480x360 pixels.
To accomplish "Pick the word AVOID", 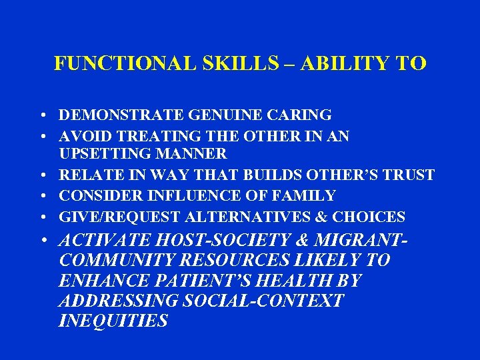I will [83, 136].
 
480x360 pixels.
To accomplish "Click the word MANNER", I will [195, 154].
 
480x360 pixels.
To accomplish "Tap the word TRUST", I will [409, 175].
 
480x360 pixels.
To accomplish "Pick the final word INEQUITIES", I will [113, 321].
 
